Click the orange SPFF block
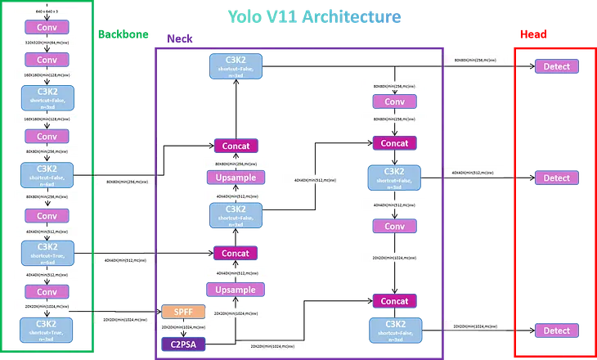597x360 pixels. click(x=177, y=312)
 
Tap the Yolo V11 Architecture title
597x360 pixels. click(x=313, y=16)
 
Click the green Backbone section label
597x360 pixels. click(x=123, y=34)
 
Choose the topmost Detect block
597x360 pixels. click(x=556, y=65)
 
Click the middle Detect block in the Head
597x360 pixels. click(x=556, y=178)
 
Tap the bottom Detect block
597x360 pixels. click(x=556, y=331)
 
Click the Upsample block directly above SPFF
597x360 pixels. click(x=236, y=290)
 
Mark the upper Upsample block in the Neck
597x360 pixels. click(x=236, y=177)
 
